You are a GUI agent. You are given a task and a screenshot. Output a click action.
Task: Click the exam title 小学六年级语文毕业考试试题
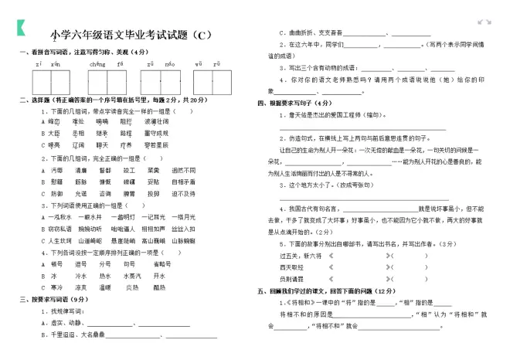point(128,34)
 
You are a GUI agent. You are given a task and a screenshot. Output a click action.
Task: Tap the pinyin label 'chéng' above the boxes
point(97,63)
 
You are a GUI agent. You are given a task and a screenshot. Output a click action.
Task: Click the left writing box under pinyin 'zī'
point(42,81)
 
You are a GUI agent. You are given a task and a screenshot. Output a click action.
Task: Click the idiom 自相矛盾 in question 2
point(178,182)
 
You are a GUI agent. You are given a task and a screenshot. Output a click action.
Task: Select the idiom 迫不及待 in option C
point(178,193)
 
